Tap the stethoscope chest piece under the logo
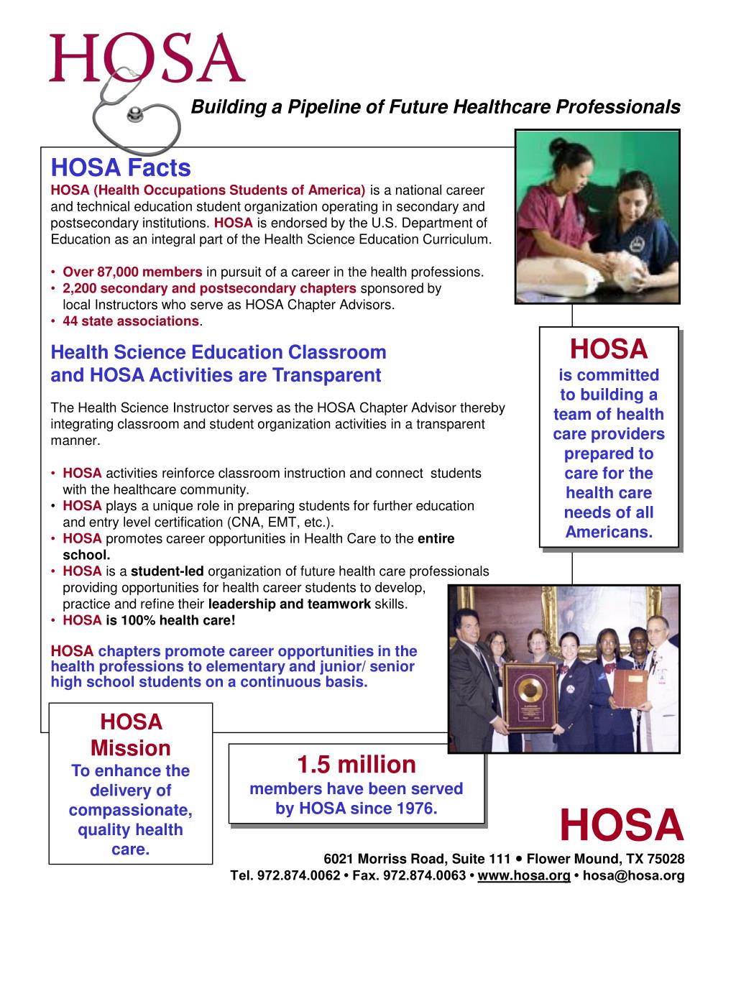[x=134, y=114]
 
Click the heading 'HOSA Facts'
[x=121, y=167]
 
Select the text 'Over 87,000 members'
[x=132, y=272]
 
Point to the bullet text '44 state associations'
[x=130, y=321]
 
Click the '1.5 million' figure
[x=356, y=764]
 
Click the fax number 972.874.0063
[x=425, y=876]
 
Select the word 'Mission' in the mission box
[x=130, y=748]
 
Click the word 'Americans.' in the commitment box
[x=609, y=533]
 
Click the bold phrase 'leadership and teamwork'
[x=289, y=604]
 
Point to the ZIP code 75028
[x=665, y=860]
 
